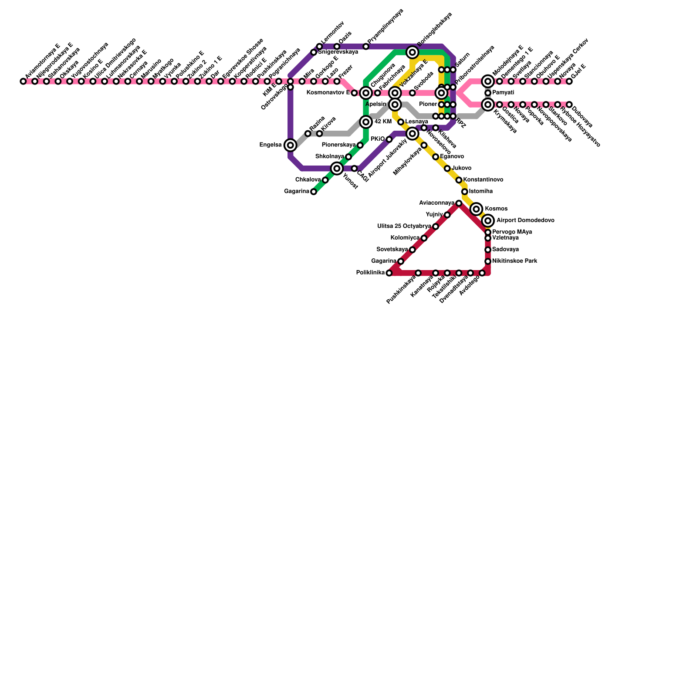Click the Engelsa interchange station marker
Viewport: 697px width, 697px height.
(291, 145)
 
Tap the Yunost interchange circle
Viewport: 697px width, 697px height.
(337, 169)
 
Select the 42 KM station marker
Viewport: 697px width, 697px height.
(366, 122)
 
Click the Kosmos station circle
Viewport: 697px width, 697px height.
(477, 209)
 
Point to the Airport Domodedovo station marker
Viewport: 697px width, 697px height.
(488, 221)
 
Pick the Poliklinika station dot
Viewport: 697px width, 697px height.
(389, 273)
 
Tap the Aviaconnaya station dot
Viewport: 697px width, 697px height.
(459, 203)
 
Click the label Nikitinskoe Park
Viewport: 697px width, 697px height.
(514, 261)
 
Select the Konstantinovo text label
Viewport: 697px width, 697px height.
(483, 180)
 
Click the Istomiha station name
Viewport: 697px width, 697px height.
(480, 192)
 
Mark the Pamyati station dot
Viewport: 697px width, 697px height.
(488, 93)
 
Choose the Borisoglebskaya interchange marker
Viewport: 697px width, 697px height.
(413, 53)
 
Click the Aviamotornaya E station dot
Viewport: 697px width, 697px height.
(23, 81)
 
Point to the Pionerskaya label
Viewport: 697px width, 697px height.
(338, 145)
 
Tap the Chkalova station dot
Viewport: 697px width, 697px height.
(325, 180)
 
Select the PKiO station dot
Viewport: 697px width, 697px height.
(389, 139)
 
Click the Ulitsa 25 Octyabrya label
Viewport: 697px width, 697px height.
(404, 227)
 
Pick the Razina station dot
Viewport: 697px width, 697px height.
(308, 134)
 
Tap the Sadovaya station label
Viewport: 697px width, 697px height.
(505, 250)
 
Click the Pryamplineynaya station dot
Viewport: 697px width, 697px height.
(366, 47)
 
